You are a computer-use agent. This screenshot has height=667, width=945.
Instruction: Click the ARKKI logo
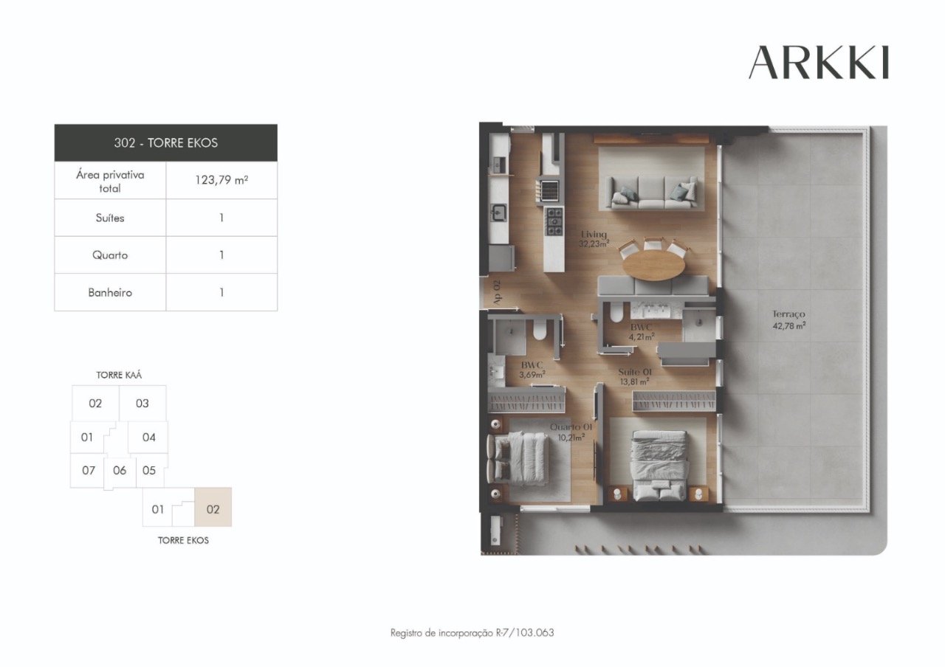pos(818,63)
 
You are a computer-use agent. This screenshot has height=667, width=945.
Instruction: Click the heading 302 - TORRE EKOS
pos(165,142)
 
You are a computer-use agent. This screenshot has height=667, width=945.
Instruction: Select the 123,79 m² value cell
pos(221,181)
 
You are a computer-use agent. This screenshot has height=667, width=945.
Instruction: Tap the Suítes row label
pos(110,218)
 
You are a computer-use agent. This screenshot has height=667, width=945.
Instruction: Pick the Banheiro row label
pos(110,292)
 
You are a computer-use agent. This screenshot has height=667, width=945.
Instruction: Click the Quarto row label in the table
pos(110,255)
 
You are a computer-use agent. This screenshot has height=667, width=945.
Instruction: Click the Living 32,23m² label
pos(594,239)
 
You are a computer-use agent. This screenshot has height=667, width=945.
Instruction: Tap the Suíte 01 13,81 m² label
pos(633,376)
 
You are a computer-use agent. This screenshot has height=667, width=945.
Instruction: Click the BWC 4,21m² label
pos(641,331)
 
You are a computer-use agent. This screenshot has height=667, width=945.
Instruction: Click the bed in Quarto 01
pos(520,457)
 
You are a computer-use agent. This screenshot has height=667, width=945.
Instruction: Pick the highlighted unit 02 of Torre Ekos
pos(213,508)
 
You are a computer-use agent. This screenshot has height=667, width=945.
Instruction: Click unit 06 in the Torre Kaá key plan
pos(120,470)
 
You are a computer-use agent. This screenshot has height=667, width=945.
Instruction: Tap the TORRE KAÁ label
pos(119,375)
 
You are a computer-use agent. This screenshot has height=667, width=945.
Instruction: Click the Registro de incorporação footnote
pos(472,632)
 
